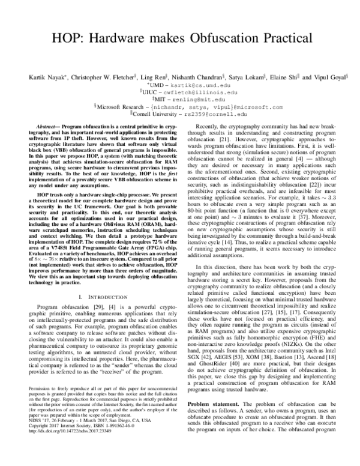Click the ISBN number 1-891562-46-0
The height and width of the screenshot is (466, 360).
125,442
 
